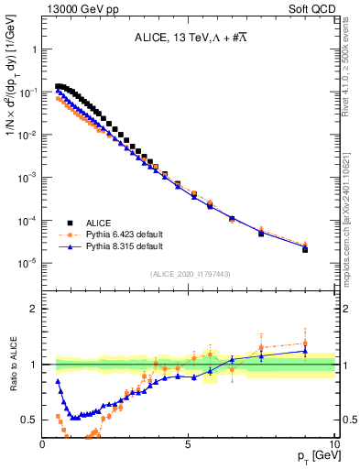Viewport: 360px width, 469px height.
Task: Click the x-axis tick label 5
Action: coord(188,444)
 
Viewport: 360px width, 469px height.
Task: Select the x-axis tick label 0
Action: coord(43,444)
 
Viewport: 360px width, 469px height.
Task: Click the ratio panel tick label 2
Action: coord(32,309)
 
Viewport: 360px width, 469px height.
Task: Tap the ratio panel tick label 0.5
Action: coord(28,420)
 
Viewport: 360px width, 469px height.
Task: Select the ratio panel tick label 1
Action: coord(32,365)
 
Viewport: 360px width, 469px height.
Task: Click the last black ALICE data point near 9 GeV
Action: coord(305,249)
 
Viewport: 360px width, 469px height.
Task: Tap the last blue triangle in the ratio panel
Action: coord(305,351)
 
